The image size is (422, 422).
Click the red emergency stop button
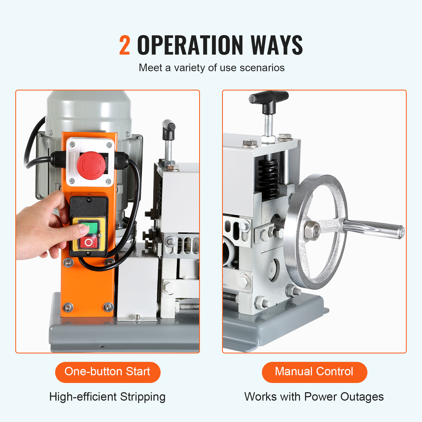coord(90,164)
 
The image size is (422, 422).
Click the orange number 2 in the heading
coord(124,45)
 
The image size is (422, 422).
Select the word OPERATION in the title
coord(190,45)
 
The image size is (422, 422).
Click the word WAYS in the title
coord(277,45)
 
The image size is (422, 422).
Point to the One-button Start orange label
coord(108,372)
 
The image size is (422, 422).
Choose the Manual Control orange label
coord(314,372)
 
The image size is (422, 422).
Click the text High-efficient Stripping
coord(107,397)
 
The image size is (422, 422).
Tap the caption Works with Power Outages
coord(314,397)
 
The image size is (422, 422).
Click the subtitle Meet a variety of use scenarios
coord(212,68)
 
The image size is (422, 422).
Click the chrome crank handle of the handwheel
coord(375,228)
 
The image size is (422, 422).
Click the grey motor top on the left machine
coord(89,108)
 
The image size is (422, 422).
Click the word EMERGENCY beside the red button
coord(106,164)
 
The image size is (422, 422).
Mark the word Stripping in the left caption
coord(143,397)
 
